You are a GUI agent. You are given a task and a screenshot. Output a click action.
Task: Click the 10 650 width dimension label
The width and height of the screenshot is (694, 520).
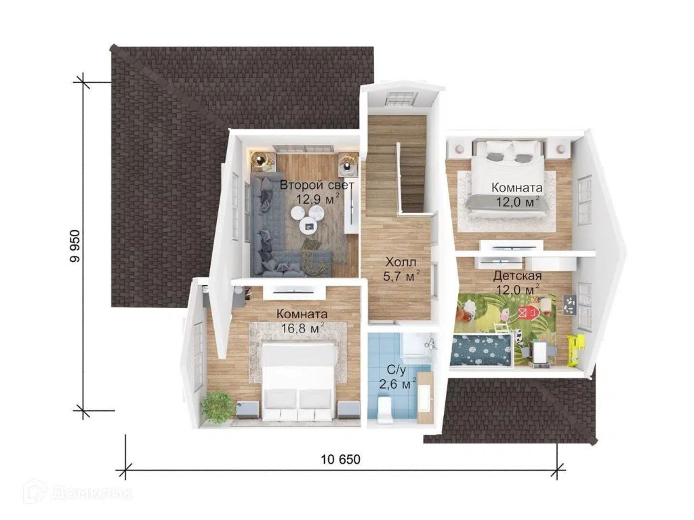click(x=340, y=460)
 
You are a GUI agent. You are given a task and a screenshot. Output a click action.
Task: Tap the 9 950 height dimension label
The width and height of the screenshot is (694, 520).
click(x=75, y=246)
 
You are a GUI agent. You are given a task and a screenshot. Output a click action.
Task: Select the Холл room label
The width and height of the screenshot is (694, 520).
click(x=401, y=262)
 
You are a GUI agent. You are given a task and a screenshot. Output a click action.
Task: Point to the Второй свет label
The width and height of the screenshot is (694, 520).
click(x=317, y=185)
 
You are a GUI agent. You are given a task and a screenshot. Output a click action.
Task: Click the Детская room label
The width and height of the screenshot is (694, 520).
click(x=517, y=276)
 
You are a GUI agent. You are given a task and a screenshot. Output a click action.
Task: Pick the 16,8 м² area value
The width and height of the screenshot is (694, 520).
click(x=303, y=328)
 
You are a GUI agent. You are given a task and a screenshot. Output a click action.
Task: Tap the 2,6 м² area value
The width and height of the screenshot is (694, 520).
click(x=397, y=383)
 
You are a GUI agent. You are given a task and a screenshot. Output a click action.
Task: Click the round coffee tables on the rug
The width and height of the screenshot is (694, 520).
click(x=308, y=217)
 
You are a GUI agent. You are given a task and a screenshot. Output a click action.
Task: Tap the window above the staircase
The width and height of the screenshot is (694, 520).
click(x=401, y=98)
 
